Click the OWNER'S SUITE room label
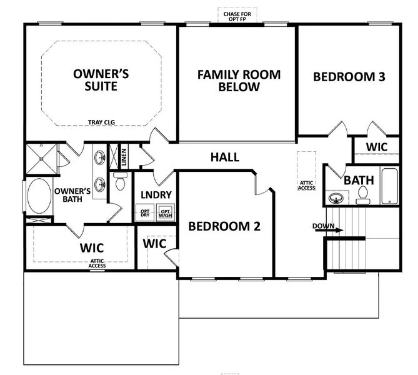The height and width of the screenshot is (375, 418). pos(101,80)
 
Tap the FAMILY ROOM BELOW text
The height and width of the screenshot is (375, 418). pos(239,81)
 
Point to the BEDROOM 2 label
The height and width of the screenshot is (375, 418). pos(224,226)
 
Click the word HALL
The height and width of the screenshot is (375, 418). pos(224,157)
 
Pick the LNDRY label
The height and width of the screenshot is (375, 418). pos(156,194)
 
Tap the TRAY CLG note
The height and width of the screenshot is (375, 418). pos(101,123)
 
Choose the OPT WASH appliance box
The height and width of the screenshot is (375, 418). pos(166,213)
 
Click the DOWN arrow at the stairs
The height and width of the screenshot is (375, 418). pos(328,229)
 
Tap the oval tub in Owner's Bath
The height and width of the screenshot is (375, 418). pos(39,196)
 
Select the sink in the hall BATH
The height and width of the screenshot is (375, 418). pos(336,198)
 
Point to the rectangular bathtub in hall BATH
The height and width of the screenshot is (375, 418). pos(389,186)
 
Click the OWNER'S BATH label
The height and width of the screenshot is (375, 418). pos(72,196)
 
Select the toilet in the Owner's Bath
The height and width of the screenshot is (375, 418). pos(121,182)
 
